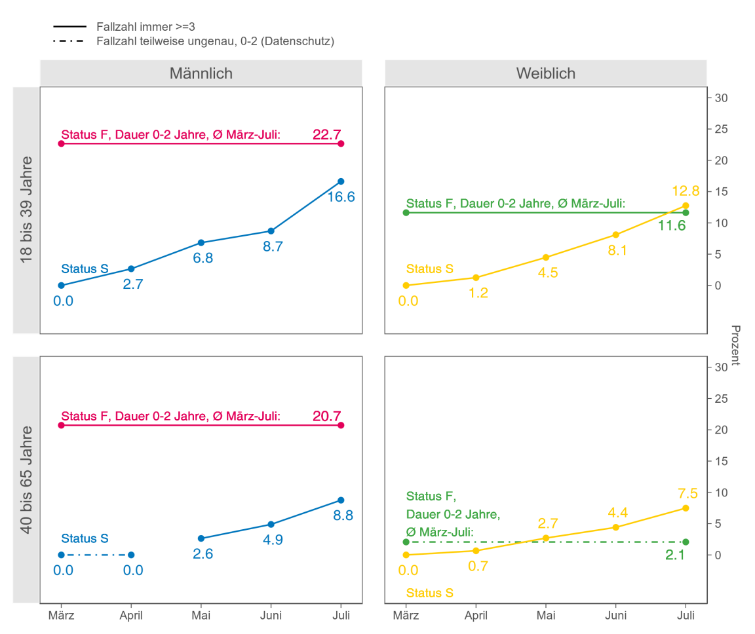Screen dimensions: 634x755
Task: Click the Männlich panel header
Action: (x=201, y=73)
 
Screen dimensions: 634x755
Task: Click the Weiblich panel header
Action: (x=545, y=73)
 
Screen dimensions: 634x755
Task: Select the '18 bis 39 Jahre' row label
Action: (x=27, y=210)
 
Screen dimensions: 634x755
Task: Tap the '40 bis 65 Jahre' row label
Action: (x=27, y=479)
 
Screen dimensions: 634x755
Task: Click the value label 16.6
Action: (x=341, y=197)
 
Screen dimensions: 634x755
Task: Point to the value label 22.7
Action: (x=326, y=135)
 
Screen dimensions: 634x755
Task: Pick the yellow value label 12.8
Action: (x=686, y=191)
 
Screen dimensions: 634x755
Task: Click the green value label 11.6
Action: (x=672, y=226)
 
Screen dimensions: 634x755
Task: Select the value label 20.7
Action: (x=326, y=416)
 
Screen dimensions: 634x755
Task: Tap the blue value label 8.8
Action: (x=343, y=515)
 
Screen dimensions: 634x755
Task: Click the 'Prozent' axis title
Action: (x=735, y=345)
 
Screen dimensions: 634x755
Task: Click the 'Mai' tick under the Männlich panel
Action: (x=201, y=616)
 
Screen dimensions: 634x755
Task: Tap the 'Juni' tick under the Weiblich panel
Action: (x=615, y=616)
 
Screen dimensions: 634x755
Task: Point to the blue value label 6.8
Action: (x=203, y=258)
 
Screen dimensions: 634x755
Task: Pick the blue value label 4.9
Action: (x=273, y=540)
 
